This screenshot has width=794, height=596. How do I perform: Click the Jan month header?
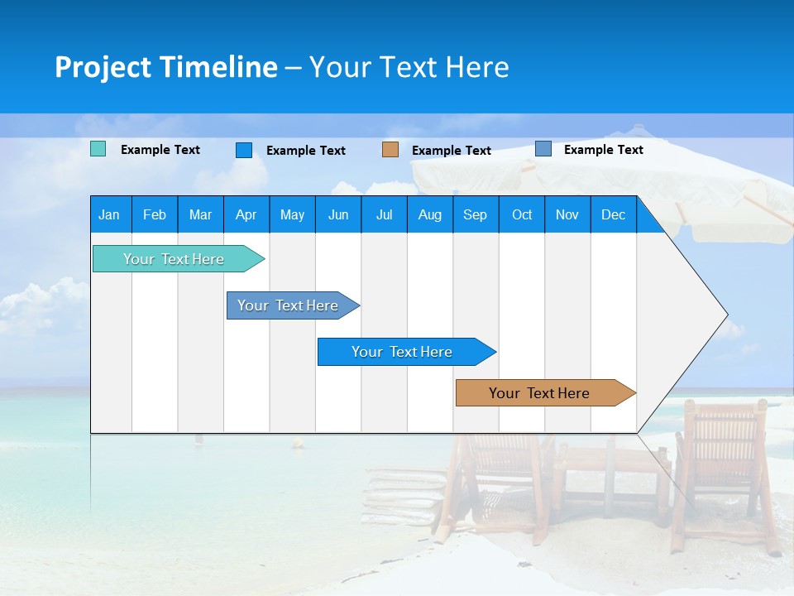pos(110,214)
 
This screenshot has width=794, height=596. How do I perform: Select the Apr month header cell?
pos(246,214)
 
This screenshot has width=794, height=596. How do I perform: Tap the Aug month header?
pos(430,214)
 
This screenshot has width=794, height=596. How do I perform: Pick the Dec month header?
pos(614,214)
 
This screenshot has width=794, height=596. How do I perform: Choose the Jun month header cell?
pos(338,214)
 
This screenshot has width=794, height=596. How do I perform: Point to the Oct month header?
pos(522,214)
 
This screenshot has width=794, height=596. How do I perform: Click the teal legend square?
pos(98,149)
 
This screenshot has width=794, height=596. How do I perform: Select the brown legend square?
pos(390,149)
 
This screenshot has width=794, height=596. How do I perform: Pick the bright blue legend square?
pos(244,150)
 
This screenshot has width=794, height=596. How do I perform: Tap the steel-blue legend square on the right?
pos(543,148)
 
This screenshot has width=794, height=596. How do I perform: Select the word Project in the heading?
pos(103,67)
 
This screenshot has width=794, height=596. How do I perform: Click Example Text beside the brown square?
pos(452,151)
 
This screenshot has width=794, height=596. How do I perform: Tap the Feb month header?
pos(155,214)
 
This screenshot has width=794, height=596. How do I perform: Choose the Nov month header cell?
pos(567,214)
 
